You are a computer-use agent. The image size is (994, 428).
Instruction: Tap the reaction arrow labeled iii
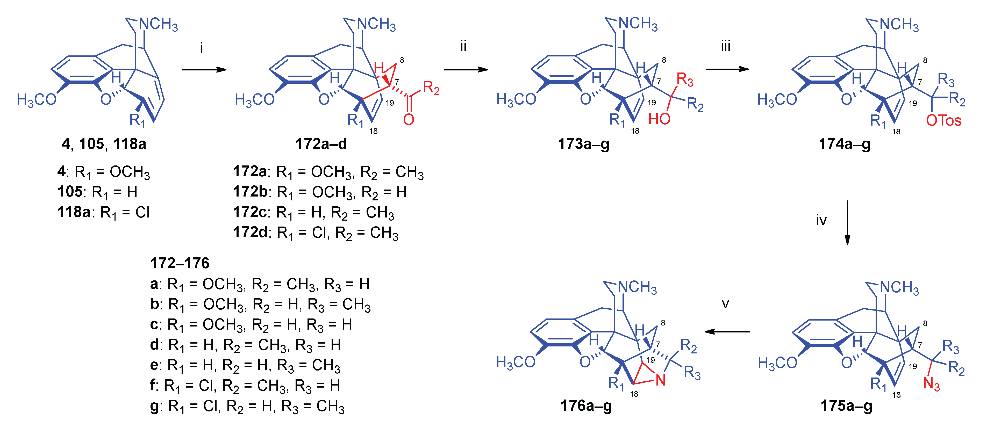click(727, 69)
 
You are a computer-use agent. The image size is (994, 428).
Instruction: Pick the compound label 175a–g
click(846, 406)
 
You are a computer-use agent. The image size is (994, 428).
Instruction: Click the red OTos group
click(943, 121)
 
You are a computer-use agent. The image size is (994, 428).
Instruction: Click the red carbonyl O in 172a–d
click(409, 120)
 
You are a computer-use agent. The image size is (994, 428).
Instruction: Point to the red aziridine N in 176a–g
click(661, 381)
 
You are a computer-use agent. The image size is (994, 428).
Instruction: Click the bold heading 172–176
click(180, 263)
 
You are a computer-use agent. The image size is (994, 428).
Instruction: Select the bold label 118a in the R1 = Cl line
click(74, 212)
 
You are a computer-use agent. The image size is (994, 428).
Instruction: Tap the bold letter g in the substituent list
click(154, 407)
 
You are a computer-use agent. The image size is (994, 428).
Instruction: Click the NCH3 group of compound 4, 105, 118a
click(158, 24)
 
